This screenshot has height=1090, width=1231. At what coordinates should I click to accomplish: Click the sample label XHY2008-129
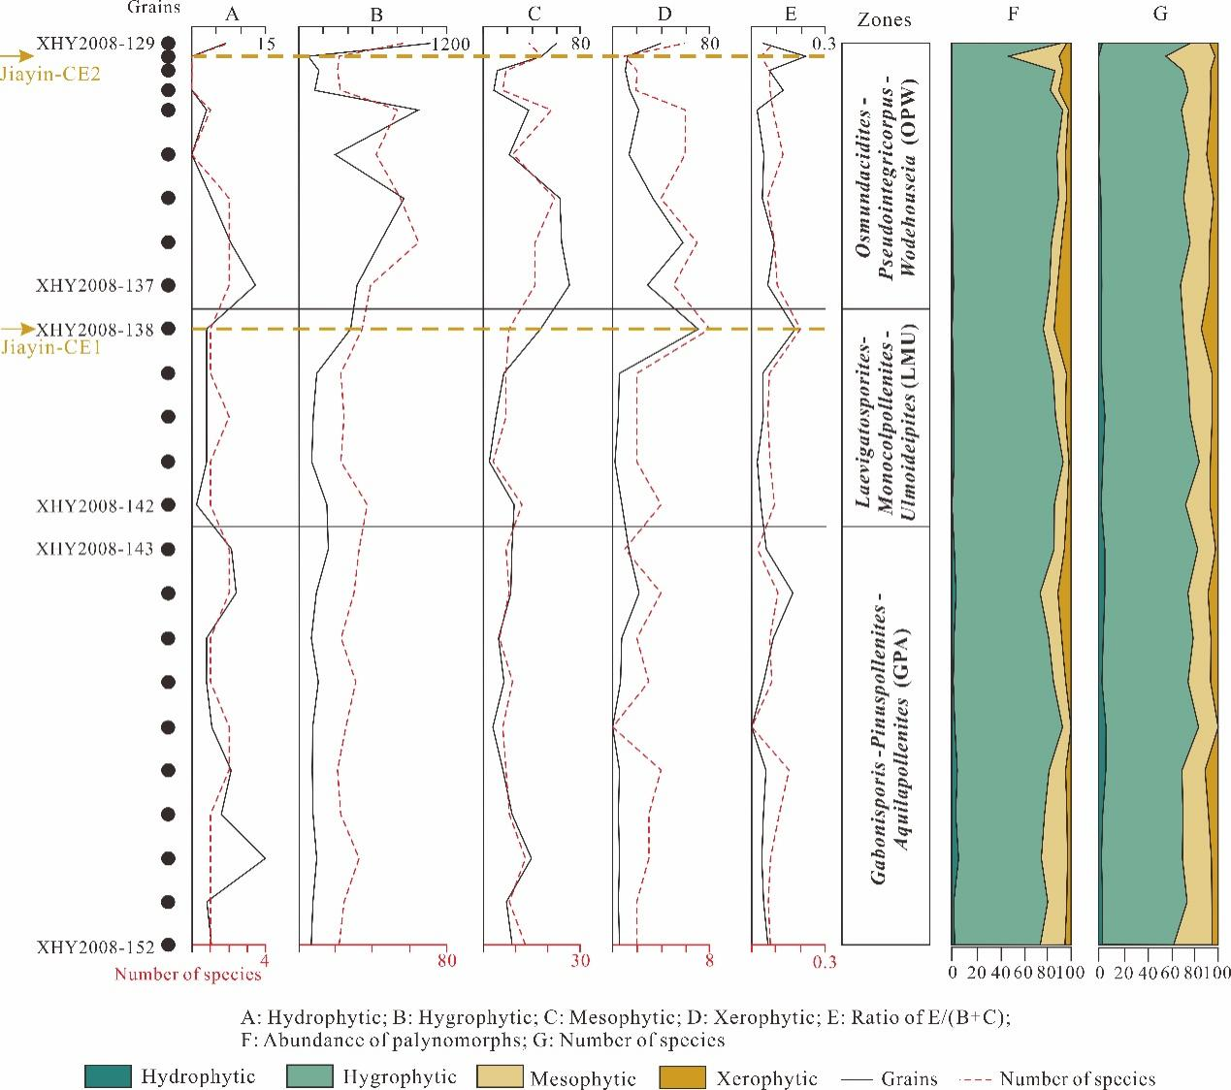pyautogui.click(x=94, y=43)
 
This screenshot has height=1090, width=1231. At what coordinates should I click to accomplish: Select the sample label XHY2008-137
pyautogui.click(x=94, y=285)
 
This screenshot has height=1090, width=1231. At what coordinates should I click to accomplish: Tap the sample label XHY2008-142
pyautogui.click(x=94, y=505)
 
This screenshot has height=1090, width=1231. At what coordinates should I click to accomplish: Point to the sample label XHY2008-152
pyautogui.click(x=94, y=946)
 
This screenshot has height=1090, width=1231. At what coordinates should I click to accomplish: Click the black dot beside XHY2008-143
pyautogui.click(x=169, y=549)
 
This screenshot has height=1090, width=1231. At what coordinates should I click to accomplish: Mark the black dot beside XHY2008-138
pyautogui.click(x=169, y=330)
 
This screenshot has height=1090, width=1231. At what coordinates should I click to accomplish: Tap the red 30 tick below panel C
pyautogui.click(x=579, y=961)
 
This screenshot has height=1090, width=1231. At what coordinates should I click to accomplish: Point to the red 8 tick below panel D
pyautogui.click(x=708, y=961)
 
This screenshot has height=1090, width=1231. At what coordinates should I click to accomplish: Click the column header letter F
pyautogui.click(x=1012, y=15)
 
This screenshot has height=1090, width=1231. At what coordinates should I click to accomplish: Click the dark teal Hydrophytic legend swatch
pyautogui.click(x=108, y=1076)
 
